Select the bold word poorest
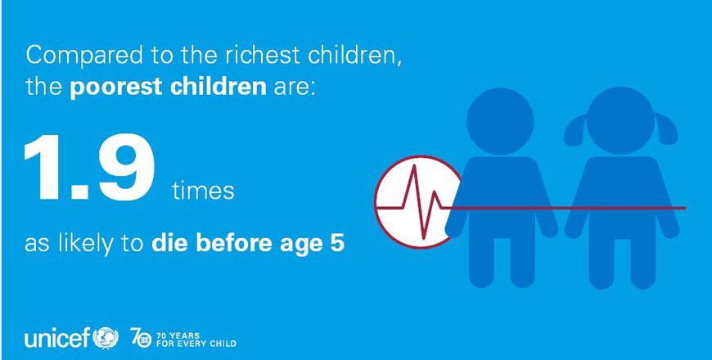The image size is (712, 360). coord(115,86)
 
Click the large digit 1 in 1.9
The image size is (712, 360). coord(43,168)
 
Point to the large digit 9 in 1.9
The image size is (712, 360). coord(126,168)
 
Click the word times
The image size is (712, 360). coord(203,191)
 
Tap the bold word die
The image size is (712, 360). coord(166,243)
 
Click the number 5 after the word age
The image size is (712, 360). coord(338,244)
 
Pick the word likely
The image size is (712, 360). coord(86,244)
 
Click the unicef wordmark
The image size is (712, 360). coord(57,338)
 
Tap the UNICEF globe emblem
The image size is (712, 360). coord(106,338)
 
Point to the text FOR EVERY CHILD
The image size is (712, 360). coord(196,344)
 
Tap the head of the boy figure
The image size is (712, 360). coord(500,121)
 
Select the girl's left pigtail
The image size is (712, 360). coord(575,129)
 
